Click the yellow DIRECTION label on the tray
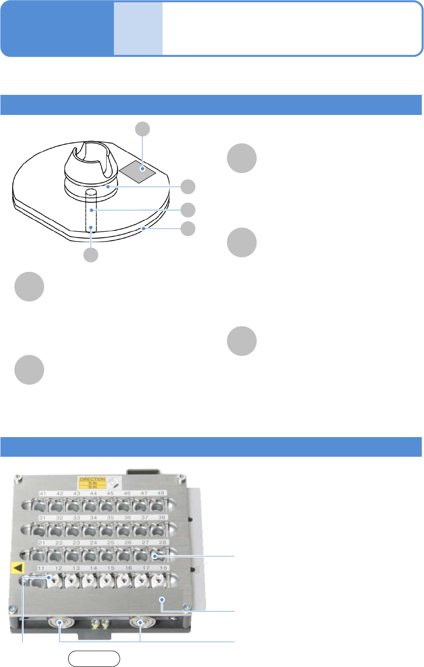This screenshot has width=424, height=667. coord(92,483)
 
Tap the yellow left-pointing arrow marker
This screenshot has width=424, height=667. coord(17,568)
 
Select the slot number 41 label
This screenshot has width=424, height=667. coord(43,493)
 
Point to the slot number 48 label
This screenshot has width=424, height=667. coord(161,493)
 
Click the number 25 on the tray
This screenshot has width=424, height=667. coord(111,542)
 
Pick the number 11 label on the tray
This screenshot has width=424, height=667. coord(41,568)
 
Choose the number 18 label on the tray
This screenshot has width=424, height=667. coord(163,568)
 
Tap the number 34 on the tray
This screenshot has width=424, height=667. coord(94,518)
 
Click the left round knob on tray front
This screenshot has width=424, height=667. coord(60,622)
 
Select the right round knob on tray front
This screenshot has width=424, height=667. coord(140,622)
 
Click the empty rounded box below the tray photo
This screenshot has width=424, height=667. coord(94,659)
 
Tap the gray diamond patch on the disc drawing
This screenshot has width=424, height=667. coord(138,170)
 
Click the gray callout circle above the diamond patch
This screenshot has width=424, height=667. coord(142,129)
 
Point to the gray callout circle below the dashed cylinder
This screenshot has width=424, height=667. coord(91,255)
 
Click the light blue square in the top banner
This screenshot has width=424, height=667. coord(138,29)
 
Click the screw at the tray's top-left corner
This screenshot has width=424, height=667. coord(17,477)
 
